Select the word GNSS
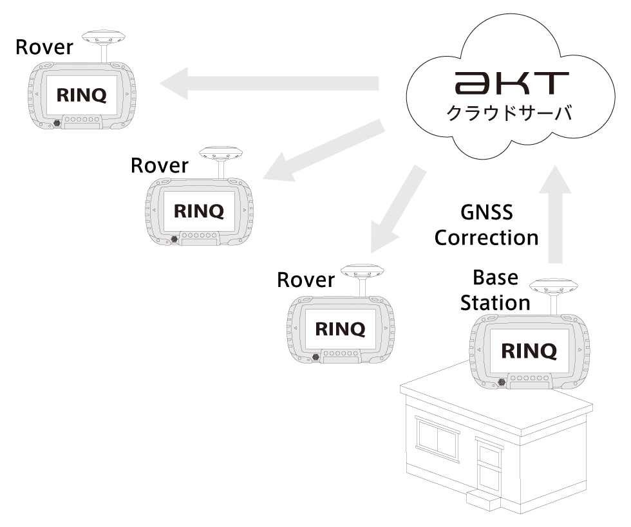(487, 213)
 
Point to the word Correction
(486, 237)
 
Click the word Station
(494, 302)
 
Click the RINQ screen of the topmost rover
(82, 95)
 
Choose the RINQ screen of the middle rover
(199, 211)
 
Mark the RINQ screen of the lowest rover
(339, 329)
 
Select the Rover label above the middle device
(159, 166)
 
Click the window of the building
(437, 441)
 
